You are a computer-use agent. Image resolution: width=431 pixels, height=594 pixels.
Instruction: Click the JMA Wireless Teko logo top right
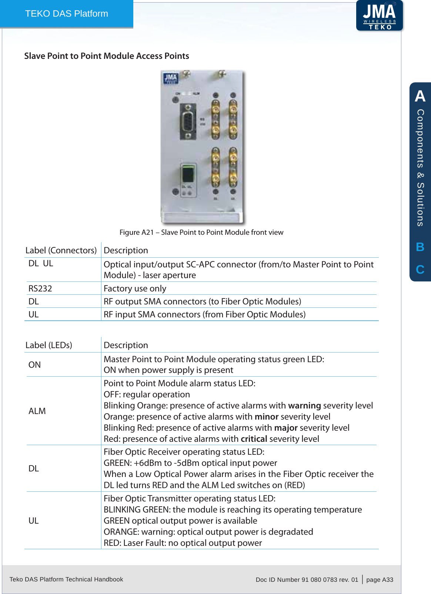pos(380,16)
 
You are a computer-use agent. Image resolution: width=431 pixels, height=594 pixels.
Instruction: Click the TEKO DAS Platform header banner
pos(67,14)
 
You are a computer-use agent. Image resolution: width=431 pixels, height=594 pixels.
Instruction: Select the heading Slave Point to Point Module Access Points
pos(107,56)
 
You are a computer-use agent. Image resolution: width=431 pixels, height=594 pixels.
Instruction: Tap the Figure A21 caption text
pos(201,232)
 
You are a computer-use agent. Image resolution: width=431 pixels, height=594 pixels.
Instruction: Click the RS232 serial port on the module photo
pos(188,122)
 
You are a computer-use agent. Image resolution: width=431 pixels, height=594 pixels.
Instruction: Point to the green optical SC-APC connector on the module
pos(188,173)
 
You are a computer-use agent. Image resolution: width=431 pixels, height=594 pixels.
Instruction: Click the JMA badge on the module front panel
pos(171,78)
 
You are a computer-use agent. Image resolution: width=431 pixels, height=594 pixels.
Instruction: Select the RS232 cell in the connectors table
pos(40,288)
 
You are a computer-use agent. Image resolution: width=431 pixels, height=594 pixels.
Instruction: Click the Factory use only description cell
pos(135,288)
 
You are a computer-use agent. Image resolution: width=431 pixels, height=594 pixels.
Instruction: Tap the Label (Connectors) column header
pos(61,250)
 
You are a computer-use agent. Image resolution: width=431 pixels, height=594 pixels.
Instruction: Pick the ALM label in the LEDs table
pos(37,411)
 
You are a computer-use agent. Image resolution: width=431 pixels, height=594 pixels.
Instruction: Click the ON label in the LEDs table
pos(34,365)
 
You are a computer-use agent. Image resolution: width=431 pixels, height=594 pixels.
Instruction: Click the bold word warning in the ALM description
pos(304,406)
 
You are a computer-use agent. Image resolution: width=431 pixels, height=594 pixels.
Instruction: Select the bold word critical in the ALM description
pos(254,439)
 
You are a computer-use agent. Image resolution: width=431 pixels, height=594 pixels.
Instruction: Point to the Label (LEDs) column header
pos(49,345)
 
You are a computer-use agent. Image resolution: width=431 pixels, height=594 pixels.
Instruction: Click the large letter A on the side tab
pos(420,96)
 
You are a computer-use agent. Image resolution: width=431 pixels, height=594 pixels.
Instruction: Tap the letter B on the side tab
pos(420,247)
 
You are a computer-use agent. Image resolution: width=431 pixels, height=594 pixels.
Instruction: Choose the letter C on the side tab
pos(420,270)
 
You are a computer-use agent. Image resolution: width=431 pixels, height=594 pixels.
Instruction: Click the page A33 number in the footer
pos(380,580)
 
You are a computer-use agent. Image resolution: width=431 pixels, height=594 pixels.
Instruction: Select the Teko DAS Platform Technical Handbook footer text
pos(66,579)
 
